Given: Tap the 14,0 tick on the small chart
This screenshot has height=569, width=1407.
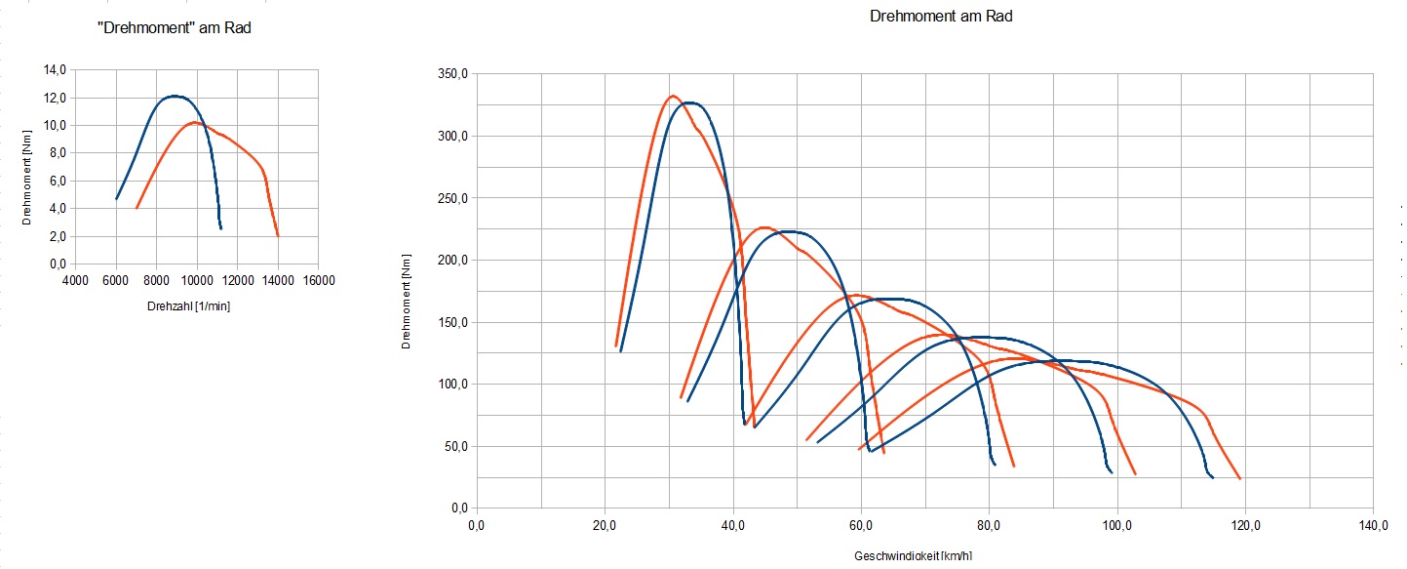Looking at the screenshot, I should pos(53,70).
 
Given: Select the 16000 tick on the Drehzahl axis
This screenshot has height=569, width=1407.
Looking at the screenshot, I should pos(319,281).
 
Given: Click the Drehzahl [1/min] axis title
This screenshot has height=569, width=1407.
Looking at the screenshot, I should pos(188,306).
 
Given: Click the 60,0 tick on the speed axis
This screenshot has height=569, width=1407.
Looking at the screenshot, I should pos(860,526).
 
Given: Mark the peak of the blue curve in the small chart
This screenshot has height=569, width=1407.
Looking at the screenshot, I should pos(174,96).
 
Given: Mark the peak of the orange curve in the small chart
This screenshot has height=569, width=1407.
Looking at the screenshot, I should pos(195,123).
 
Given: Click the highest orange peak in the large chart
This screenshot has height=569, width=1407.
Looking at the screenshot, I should pos(673,96).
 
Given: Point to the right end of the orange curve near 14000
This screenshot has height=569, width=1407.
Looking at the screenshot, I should pos(278,235).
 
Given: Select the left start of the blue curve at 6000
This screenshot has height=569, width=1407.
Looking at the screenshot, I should pos(116,199).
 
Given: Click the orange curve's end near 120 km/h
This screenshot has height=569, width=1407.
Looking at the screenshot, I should pos(1239,479).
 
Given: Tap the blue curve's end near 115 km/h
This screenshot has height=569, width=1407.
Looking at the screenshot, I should pos(1213,478).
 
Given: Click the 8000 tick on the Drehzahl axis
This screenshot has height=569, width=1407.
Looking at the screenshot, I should pos(157,281).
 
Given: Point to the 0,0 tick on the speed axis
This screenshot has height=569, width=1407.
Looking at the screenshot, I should pos(476,526).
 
